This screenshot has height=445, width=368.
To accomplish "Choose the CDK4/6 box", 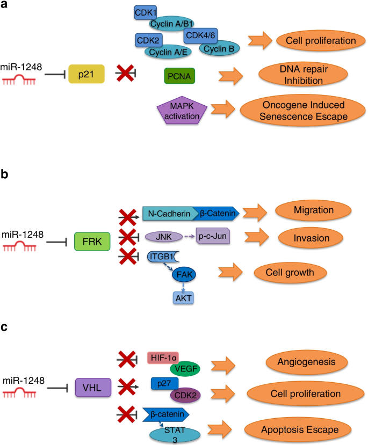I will [x=200, y=36].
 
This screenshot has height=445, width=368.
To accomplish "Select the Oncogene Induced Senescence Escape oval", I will [x=300, y=110].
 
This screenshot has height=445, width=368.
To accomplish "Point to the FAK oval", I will [x=184, y=274].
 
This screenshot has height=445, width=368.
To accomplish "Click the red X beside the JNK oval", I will [x=128, y=236].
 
